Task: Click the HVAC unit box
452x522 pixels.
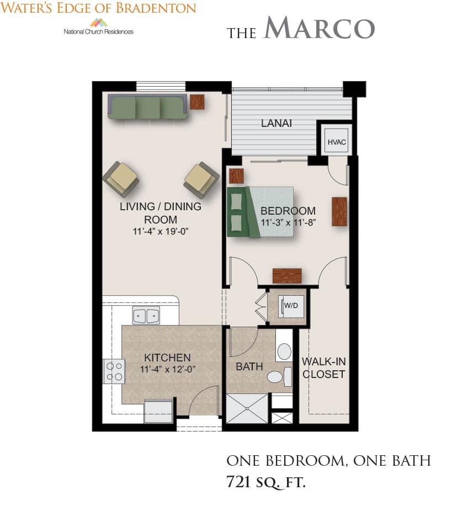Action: click(x=337, y=142)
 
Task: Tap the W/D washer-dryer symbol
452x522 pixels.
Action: click(x=291, y=306)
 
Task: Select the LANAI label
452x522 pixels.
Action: click(x=276, y=123)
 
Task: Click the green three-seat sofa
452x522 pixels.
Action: click(x=147, y=106)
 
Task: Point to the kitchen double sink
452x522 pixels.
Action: click(x=146, y=315)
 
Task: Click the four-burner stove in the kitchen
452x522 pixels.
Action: click(x=114, y=371)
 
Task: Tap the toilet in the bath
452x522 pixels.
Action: click(x=279, y=377)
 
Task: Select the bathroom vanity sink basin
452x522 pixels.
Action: click(x=284, y=351)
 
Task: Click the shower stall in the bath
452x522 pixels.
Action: click(x=247, y=408)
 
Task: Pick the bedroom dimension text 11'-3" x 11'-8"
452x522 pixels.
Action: click(x=288, y=222)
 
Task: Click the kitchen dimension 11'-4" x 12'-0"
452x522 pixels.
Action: click(x=168, y=369)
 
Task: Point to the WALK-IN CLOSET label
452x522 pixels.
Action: click(x=323, y=367)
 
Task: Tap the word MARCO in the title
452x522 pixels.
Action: click(x=319, y=28)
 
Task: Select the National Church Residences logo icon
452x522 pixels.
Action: click(x=99, y=23)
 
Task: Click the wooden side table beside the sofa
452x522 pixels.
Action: click(x=197, y=102)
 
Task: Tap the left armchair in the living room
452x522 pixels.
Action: click(x=121, y=179)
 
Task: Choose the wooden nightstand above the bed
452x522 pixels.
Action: click(x=237, y=176)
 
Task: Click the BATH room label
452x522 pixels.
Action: click(x=249, y=366)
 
